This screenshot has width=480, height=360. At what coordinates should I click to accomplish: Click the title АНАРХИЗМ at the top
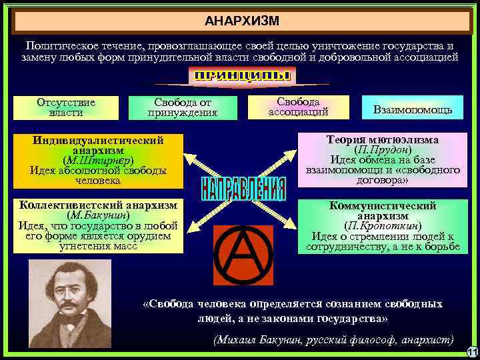coord(242,19)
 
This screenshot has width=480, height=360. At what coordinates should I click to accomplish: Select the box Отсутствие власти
coord(66,107)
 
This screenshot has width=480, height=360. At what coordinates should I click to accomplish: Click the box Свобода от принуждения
coord(183,107)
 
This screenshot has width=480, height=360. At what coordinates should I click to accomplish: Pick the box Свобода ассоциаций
coord(298,107)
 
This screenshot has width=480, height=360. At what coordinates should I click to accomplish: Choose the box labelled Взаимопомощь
coord(413,109)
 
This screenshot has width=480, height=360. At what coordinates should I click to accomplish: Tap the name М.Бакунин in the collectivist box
coord(98,216)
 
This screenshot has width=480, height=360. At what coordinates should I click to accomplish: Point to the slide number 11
coord(471,351)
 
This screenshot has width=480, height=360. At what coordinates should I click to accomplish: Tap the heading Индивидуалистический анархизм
coord(98,145)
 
